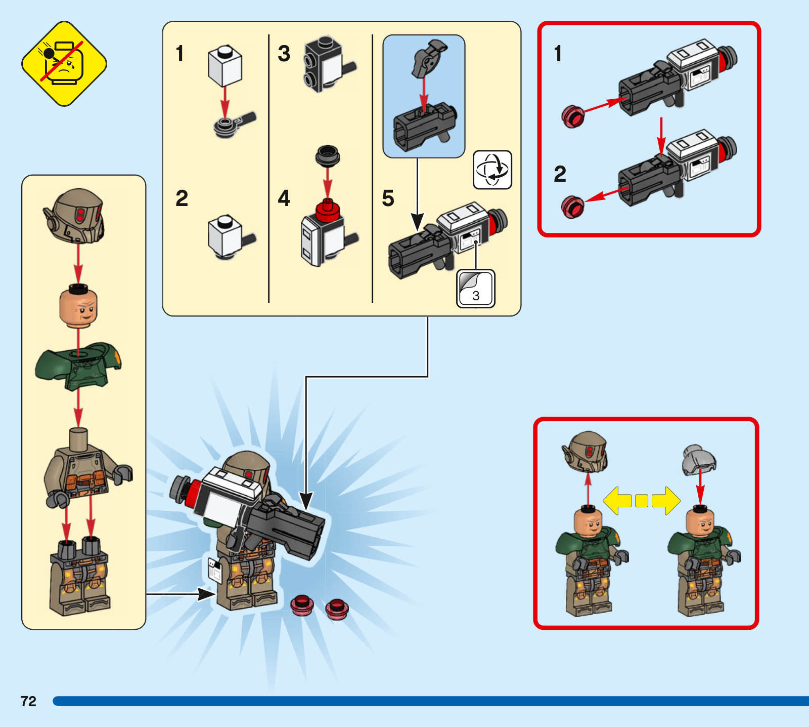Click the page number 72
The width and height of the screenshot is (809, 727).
point(28,701)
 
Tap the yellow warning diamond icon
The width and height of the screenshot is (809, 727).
point(64,64)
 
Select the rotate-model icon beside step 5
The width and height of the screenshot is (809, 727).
point(492,170)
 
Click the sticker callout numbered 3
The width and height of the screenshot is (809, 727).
point(475,289)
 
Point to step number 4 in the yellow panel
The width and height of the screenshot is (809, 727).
point(284,198)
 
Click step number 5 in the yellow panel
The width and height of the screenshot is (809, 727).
point(388,198)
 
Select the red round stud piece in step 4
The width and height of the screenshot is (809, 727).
point(327,210)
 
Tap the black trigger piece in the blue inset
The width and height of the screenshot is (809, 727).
point(428,58)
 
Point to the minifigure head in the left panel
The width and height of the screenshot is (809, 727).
point(78,306)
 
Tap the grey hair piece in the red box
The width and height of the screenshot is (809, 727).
point(699,459)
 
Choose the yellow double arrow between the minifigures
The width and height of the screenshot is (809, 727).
point(642,501)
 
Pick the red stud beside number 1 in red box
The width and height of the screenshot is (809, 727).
point(573,116)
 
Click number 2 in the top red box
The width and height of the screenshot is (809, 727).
point(560,174)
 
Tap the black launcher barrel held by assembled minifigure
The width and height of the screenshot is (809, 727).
point(288,529)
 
